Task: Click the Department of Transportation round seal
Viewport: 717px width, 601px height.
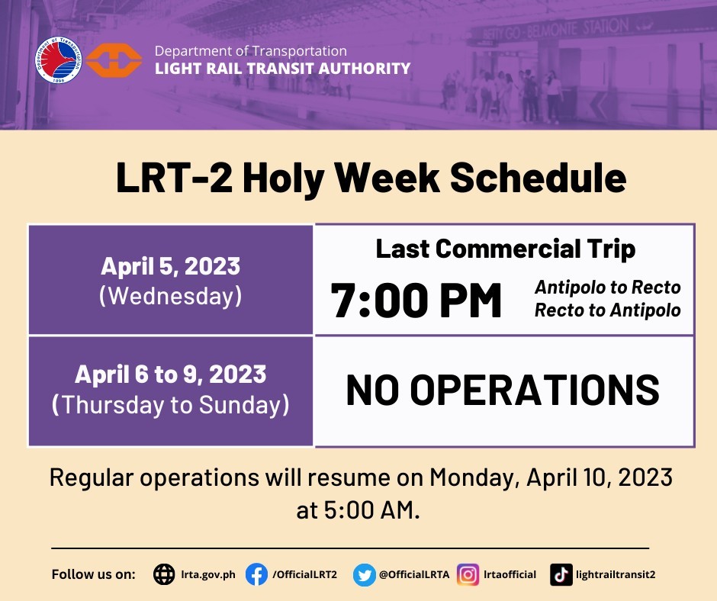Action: [x=59, y=60]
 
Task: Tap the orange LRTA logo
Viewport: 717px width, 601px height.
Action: [x=114, y=60]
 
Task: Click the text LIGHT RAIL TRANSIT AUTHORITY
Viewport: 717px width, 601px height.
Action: [x=282, y=69]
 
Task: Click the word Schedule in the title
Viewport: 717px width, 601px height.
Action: [x=539, y=178]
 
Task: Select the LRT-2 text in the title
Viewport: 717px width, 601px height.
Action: [x=174, y=178]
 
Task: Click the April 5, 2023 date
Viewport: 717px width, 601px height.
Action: [x=171, y=266]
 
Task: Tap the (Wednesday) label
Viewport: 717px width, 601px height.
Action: [x=171, y=296]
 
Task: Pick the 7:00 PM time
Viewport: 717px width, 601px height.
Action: [x=416, y=300]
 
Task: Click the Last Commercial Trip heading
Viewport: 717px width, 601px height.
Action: [x=505, y=249]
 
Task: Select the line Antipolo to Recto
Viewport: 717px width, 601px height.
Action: [x=608, y=288]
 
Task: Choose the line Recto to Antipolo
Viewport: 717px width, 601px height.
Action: [x=608, y=310]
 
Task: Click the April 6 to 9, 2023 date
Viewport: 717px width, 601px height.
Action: [x=171, y=374]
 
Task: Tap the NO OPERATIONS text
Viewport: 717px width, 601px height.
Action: [x=503, y=390]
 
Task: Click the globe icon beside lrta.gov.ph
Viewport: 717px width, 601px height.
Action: [x=164, y=574]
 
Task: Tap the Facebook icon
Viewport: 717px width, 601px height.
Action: [x=256, y=574]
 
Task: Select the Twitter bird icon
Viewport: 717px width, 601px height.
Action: [x=365, y=575]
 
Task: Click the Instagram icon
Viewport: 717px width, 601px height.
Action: [x=468, y=574]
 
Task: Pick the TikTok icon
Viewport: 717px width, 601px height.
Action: [x=561, y=574]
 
